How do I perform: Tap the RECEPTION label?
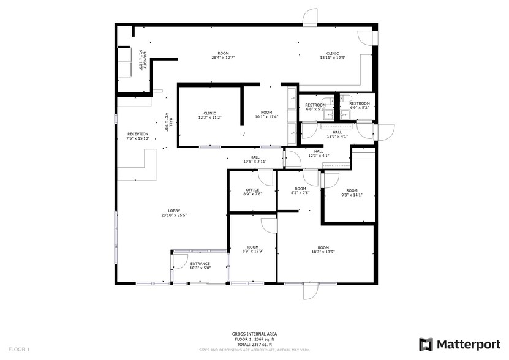tap(137, 133)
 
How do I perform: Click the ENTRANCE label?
tap(200, 264)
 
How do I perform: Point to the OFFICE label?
tap(252, 190)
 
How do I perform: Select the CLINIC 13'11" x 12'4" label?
tap(333, 55)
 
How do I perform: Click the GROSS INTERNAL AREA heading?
tap(254, 334)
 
